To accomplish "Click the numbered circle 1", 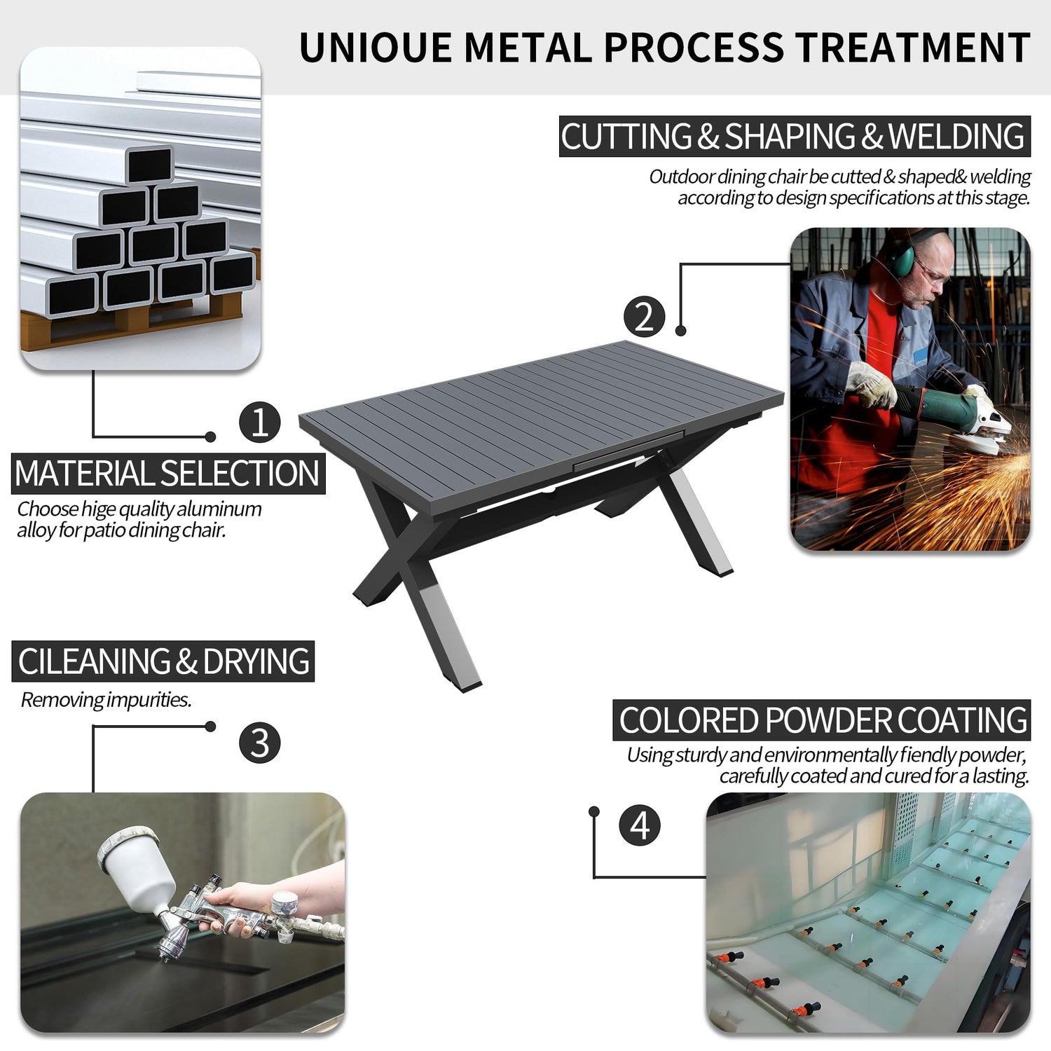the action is click(260, 422).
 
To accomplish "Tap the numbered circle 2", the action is click(644, 316).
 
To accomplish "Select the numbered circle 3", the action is click(260, 743).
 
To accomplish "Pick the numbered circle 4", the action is click(640, 825).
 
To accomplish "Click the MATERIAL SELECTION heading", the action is click(168, 473).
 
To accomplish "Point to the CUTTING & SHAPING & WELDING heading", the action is click(795, 136).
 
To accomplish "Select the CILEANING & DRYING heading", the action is click(163, 661).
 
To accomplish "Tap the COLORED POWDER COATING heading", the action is click(822, 720).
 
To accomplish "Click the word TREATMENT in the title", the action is click(913, 48).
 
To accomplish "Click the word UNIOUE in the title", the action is click(376, 48).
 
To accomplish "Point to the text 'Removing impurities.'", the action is click(106, 699).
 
